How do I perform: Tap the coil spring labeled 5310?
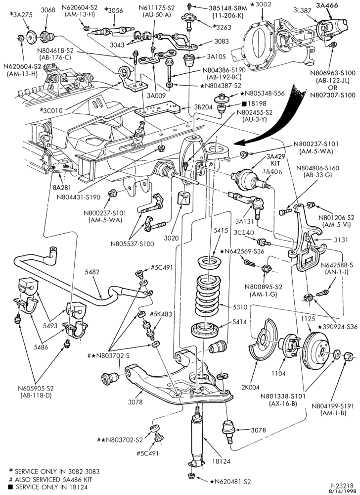coord(208,296)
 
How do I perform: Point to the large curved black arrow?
coord(277,120)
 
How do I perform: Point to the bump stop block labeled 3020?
coord(185,198)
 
